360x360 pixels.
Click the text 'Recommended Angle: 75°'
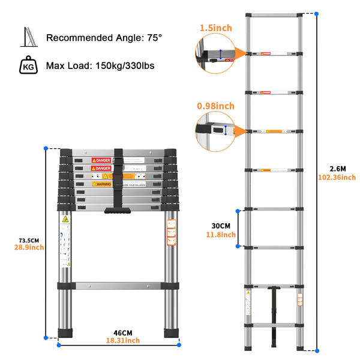104,38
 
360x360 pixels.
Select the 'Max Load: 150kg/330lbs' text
100,64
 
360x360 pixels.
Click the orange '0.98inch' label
215,106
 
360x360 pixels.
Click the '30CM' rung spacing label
219,225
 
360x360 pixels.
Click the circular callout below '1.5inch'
214,54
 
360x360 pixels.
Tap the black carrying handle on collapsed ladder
119,210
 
